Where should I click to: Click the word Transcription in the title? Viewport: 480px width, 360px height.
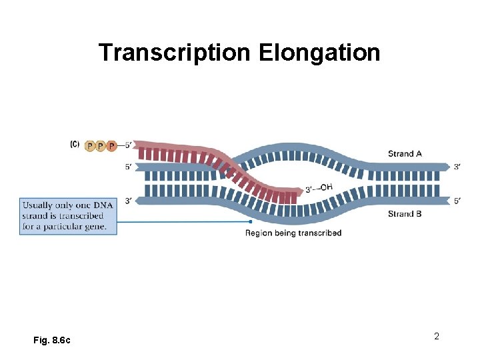point(175,52)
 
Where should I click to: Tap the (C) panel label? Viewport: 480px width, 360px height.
point(75,143)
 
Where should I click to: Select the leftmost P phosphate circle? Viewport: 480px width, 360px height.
point(90,146)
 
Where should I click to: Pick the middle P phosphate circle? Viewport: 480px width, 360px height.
point(101,146)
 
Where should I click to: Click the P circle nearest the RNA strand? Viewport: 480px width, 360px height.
point(111,146)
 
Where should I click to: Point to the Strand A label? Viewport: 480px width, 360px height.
point(405,153)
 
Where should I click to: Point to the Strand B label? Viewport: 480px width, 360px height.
point(405,214)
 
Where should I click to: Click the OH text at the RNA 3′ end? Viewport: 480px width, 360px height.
point(325,187)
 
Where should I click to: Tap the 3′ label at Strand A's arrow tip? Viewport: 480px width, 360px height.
point(457,167)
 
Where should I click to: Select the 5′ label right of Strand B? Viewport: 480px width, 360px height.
point(457,201)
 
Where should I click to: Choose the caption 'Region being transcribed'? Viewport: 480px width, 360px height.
point(293,233)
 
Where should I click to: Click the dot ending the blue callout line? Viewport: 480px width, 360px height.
point(250,221)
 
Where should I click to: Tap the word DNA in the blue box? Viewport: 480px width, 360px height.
point(102,204)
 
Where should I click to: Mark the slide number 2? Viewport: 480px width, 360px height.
point(437,336)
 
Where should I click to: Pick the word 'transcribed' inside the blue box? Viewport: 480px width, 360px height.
point(82,215)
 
